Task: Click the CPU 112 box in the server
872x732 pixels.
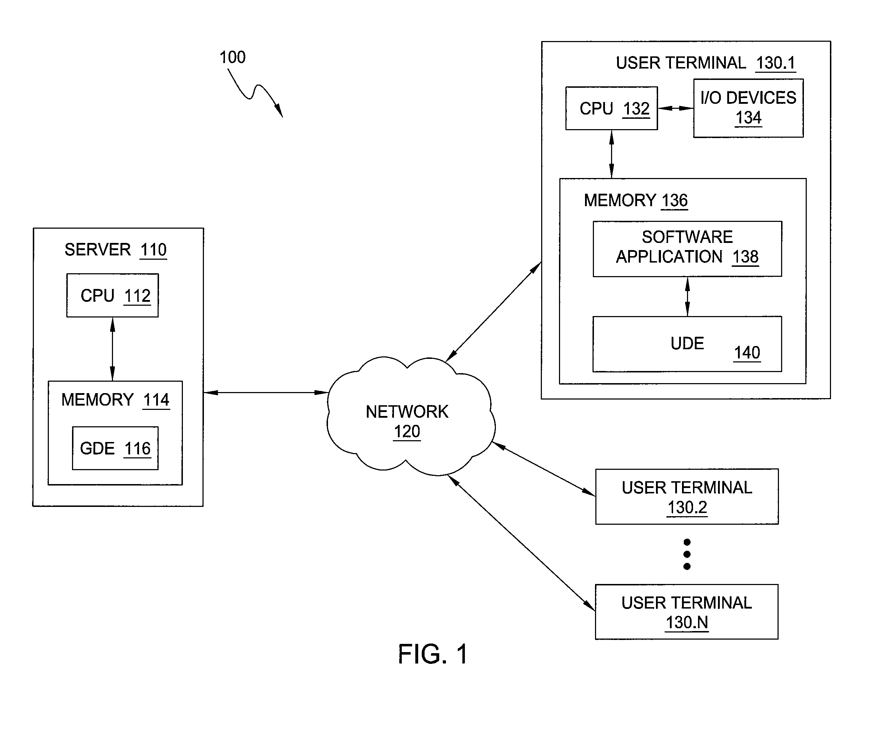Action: [113, 295]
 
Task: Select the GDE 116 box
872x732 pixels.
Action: [116, 448]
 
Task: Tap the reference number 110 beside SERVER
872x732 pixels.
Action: [153, 250]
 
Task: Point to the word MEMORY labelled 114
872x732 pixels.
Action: [97, 400]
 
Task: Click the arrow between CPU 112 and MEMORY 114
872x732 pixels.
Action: [113, 349]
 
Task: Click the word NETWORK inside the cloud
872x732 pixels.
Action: [407, 412]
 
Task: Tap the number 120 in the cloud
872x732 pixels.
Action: [407, 432]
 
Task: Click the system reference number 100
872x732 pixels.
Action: [232, 57]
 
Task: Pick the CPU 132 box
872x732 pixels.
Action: [612, 108]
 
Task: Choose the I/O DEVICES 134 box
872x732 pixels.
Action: [748, 108]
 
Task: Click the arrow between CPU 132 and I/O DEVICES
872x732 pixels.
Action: [676, 108]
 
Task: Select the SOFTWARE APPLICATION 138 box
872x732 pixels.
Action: [687, 249]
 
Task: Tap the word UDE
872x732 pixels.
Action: [687, 344]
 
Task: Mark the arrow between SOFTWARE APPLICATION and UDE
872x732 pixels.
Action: [687, 297]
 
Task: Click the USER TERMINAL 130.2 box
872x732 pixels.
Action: [687, 497]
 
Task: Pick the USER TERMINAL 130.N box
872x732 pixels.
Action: [687, 612]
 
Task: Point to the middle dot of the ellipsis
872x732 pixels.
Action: [687, 554]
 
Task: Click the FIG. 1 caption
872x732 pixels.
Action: [433, 654]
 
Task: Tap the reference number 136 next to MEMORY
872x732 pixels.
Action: [674, 200]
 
